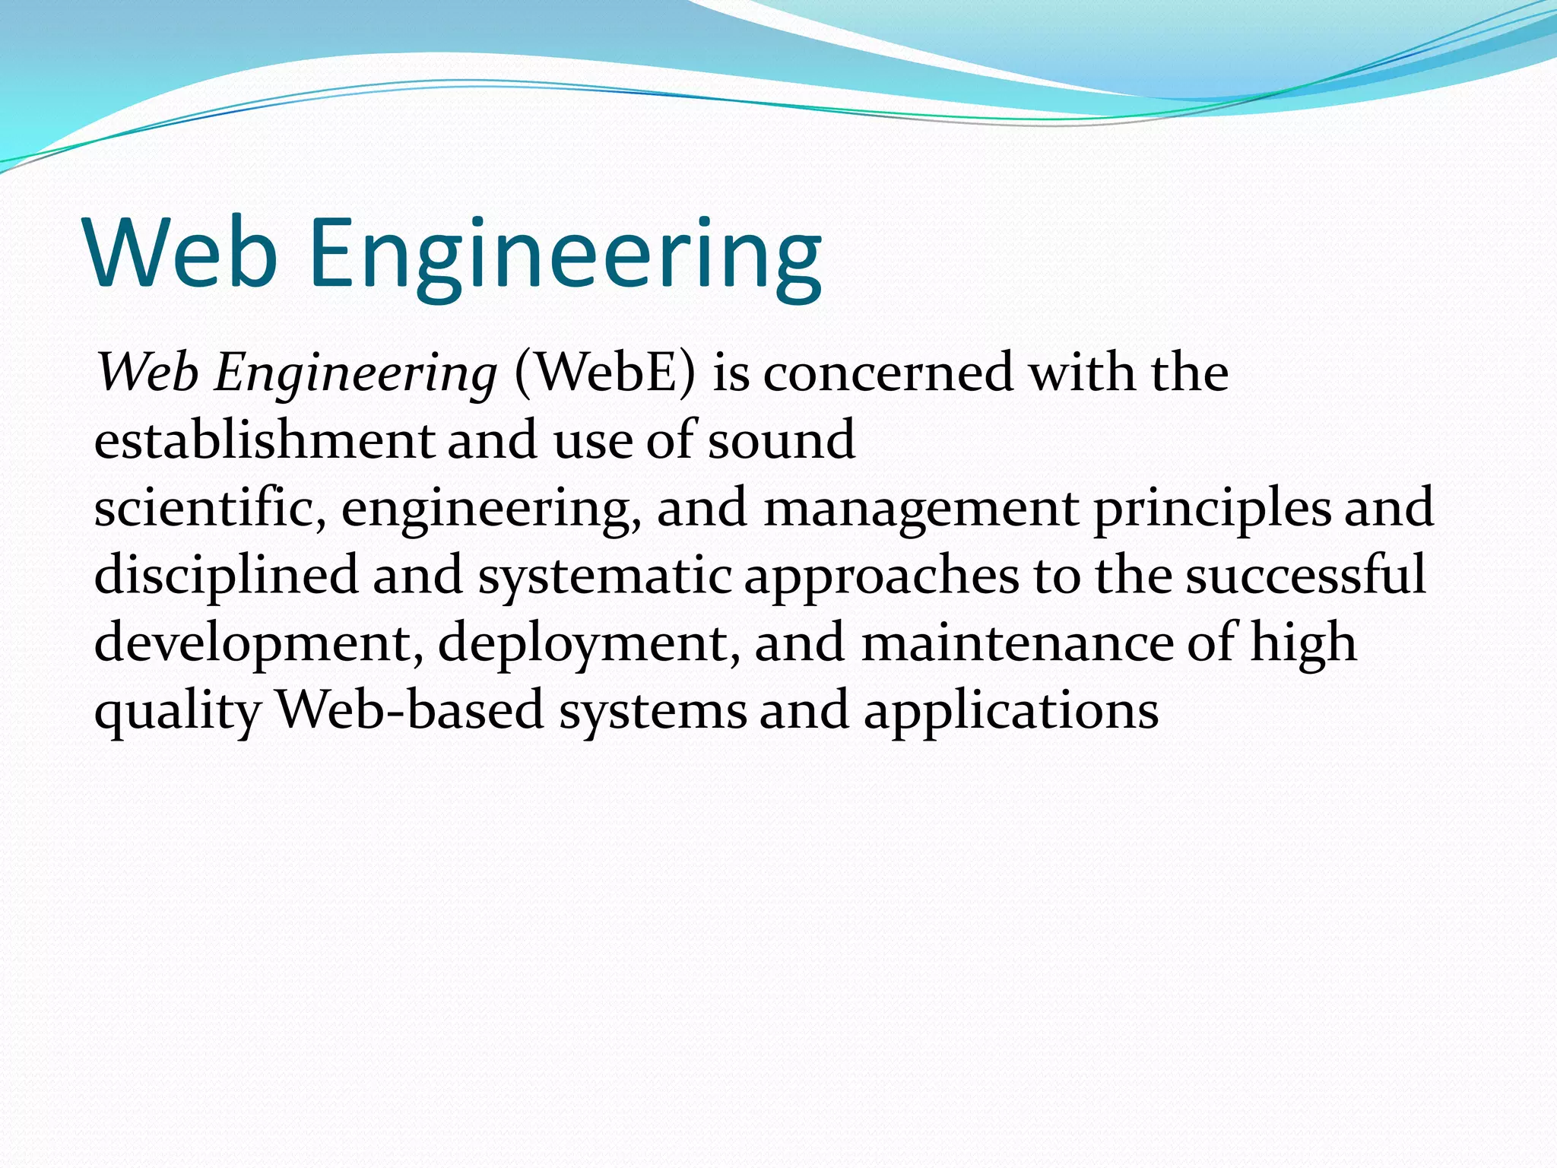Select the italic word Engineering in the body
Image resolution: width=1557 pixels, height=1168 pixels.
coord(355,374)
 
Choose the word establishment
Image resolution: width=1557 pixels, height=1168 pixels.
coord(264,440)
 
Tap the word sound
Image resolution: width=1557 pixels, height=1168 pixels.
coord(781,440)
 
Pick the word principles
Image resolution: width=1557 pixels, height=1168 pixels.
coord(1212,509)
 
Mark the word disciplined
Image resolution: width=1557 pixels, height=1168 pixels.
coord(226,576)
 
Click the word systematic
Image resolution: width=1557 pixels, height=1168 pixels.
coord(604,576)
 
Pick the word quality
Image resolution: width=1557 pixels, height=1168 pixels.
coord(178,712)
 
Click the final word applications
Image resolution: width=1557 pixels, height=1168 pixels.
coord(1010,712)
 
